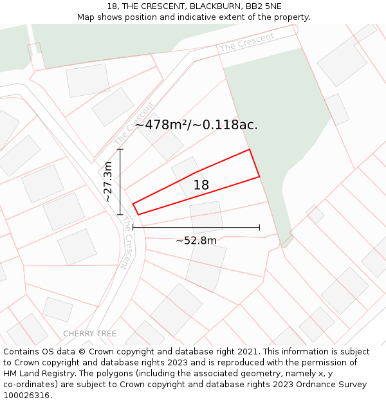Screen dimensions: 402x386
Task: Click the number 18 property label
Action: click(201, 185)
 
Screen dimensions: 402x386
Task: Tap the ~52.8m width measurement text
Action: click(196, 241)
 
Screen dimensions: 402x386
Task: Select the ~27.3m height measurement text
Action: click(108, 182)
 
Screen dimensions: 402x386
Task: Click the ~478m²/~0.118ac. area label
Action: click(196, 125)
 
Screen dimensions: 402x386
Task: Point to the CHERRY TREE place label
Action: click(89, 334)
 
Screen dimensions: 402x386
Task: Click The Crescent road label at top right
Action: click(247, 42)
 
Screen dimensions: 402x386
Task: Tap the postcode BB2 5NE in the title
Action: click(264, 6)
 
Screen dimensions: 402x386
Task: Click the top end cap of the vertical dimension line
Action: click(120, 150)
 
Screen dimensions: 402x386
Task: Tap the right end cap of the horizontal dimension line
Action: click(259, 227)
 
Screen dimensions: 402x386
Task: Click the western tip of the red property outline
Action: click(133, 205)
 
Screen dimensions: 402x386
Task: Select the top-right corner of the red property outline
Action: click(249, 150)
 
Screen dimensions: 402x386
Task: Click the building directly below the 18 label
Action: click(206, 217)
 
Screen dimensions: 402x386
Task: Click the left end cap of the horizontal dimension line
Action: click(133, 227)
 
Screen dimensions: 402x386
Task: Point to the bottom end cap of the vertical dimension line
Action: click(120, 214)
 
